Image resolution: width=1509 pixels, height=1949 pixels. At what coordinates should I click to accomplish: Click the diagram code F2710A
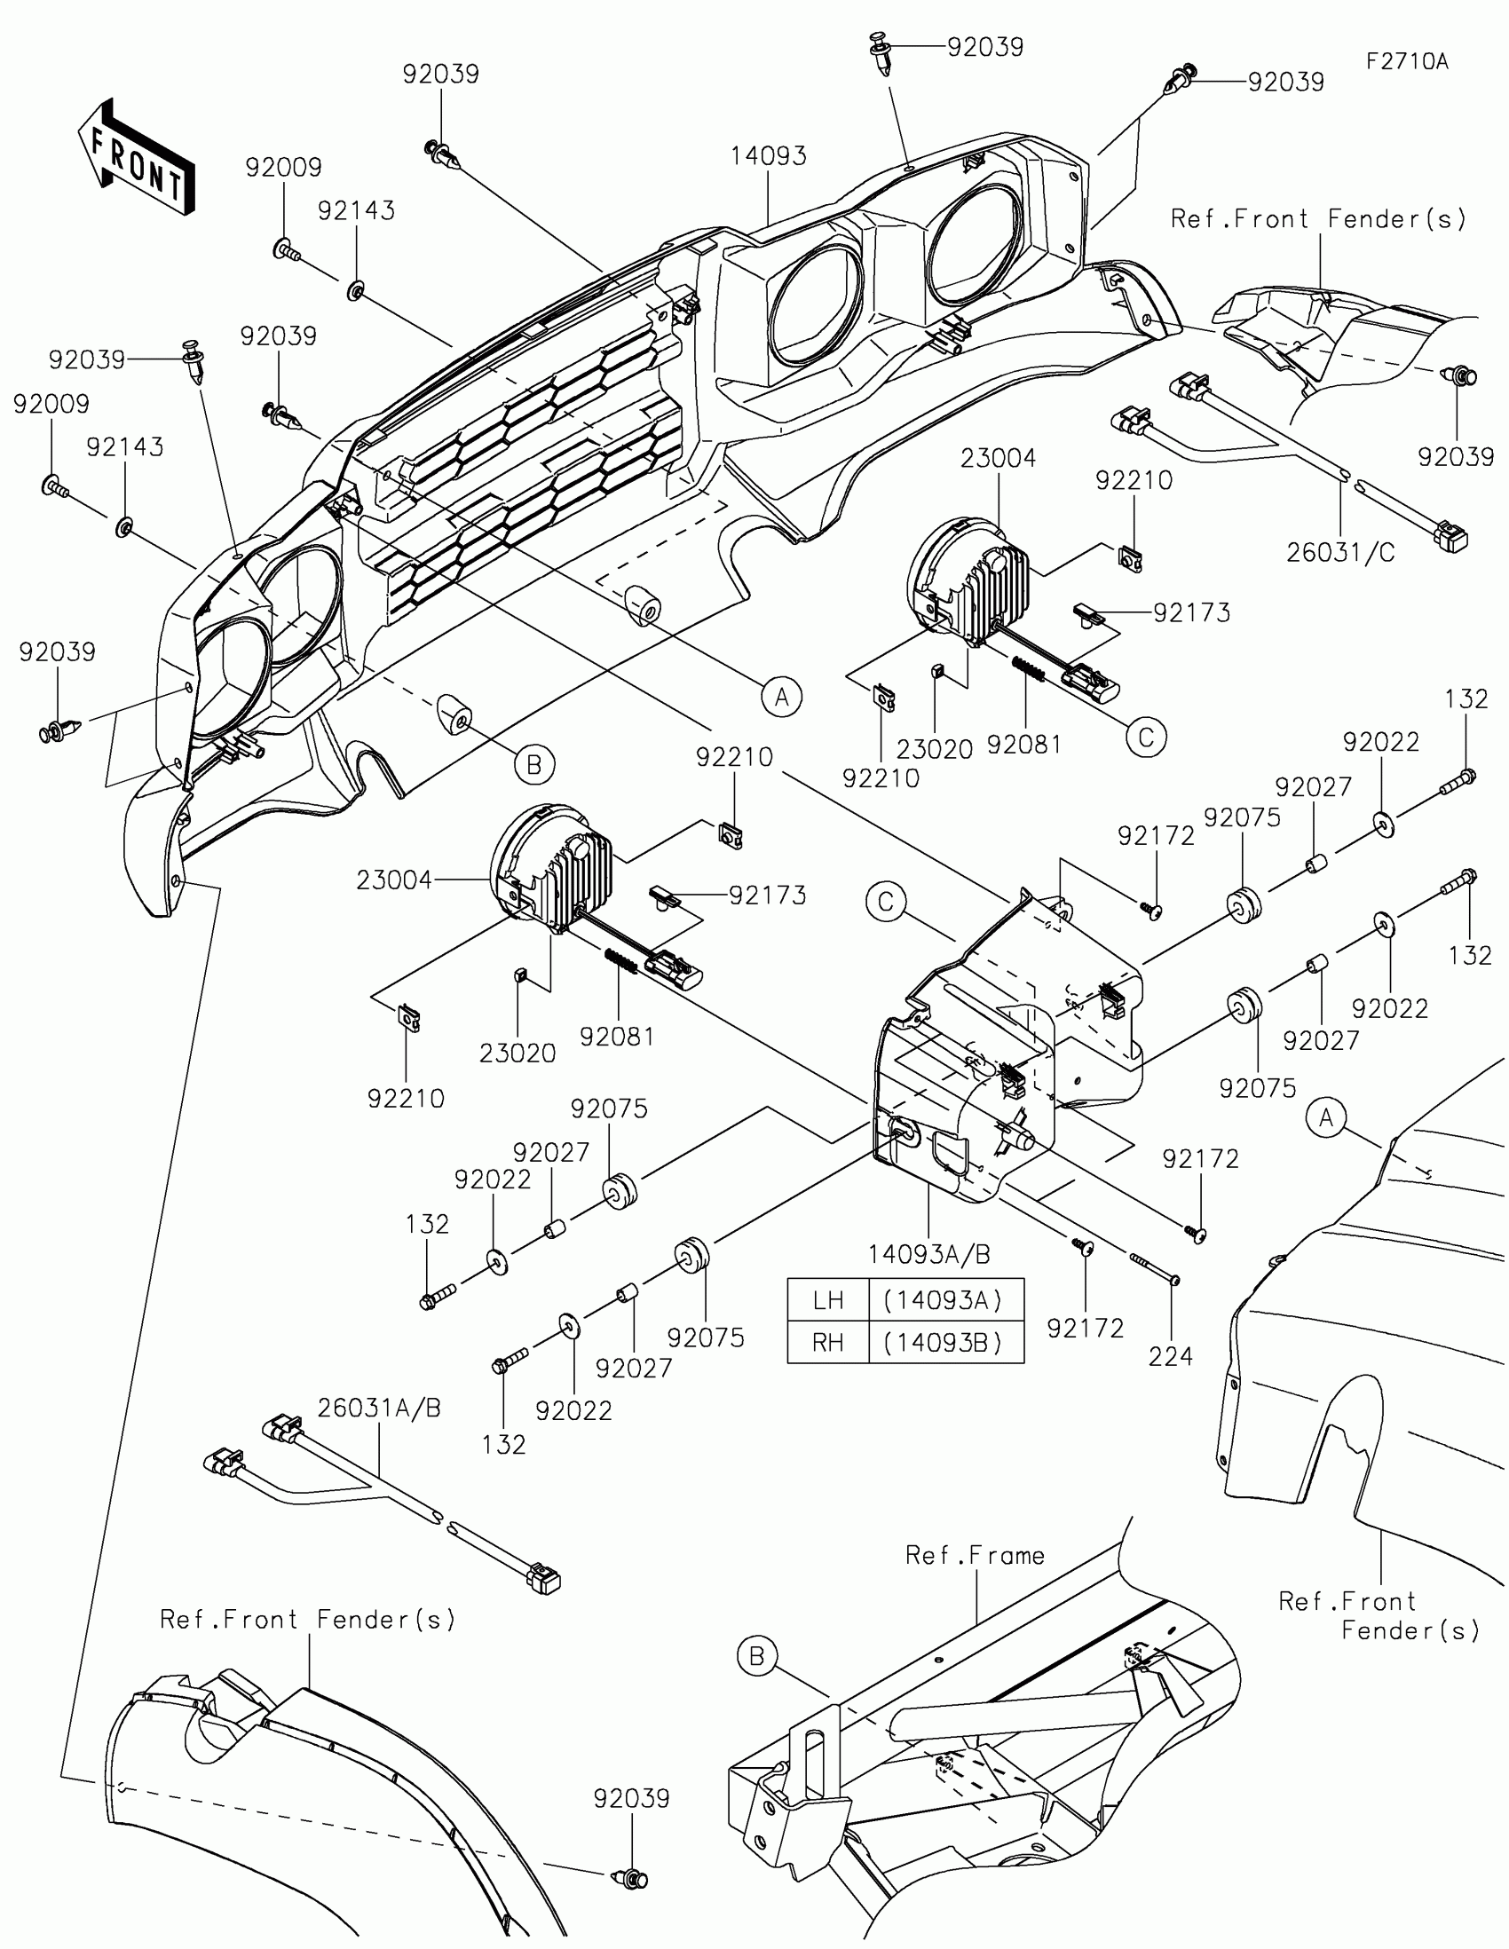[1407, 61]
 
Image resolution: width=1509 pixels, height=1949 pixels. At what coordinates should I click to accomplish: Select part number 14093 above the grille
[768, 156]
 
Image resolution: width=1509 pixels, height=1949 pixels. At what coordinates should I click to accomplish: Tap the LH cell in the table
[828, 1300]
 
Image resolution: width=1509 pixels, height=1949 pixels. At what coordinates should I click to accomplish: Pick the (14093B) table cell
[946, 1342]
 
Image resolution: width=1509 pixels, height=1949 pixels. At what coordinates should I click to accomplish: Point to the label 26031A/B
[379, 1408]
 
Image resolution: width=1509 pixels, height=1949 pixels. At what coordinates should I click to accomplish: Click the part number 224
[1170, 1356]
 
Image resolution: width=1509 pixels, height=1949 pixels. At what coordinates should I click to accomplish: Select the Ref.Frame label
[975, 1555]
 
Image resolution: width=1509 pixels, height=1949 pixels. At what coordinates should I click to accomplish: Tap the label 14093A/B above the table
[929, 1255]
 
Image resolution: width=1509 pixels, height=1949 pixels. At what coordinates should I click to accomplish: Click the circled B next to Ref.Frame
[757, 1656]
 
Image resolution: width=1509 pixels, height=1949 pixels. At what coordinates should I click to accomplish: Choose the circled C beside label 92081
[1146, 738]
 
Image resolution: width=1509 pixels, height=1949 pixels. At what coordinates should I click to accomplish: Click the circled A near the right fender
[1326, 1117]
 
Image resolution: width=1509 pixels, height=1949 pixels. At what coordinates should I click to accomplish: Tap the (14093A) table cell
[946, 1300]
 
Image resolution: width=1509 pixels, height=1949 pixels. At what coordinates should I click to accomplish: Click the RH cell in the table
[828, 1342]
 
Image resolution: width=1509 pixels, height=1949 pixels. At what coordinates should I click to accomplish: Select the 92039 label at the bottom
[632, 1798]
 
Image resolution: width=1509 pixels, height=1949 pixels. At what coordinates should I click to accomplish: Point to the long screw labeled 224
[1155, 1268]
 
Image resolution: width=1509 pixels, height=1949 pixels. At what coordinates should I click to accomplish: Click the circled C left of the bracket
[885, 902]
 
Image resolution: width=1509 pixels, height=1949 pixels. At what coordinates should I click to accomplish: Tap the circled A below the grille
[782, 696]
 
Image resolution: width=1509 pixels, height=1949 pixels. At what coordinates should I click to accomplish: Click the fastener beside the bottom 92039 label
[631, 1879]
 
